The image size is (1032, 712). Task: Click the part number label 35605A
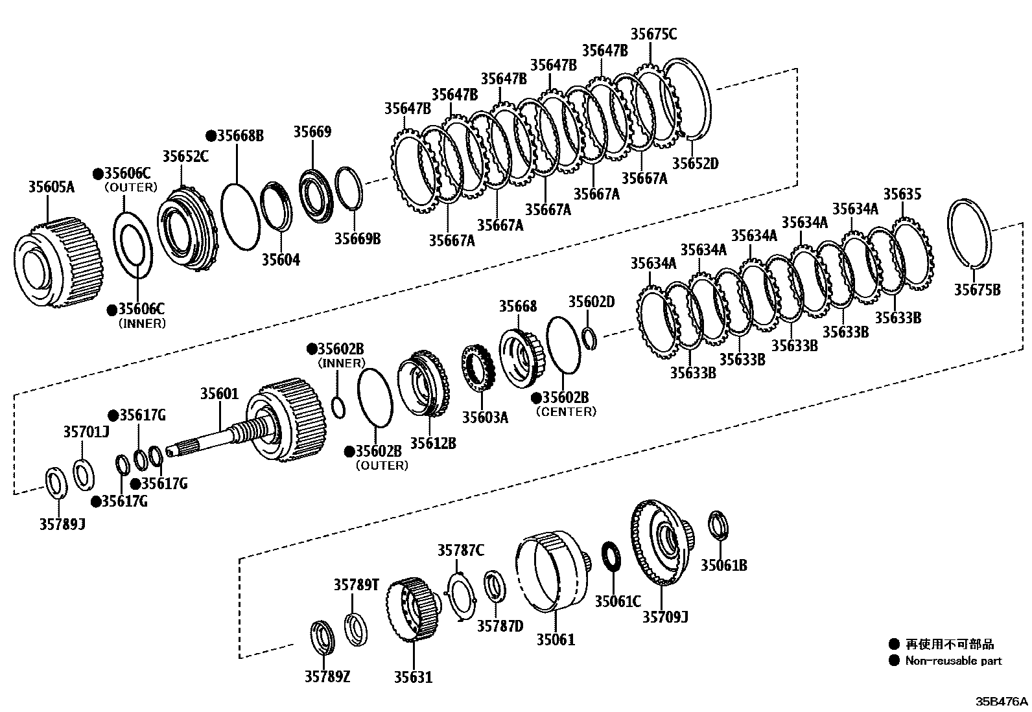click(51, 188)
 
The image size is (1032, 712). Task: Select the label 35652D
click(695, 163)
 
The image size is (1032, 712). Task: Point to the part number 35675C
click(653, 34)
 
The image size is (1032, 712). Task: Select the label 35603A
click(485, 417)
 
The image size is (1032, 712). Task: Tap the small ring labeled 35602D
click(589, 338)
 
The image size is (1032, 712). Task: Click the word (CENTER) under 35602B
click(566, 412)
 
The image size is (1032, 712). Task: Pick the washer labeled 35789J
click(56, 483)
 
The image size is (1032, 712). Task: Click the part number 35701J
click(86, 431)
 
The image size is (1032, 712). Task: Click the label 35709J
click(665, 617)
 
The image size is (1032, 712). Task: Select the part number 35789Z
click(327, 677)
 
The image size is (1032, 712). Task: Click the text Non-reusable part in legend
click(954, 661)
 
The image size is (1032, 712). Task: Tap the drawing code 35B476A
click(1002, 702)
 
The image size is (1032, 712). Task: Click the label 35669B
click(357, 239)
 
